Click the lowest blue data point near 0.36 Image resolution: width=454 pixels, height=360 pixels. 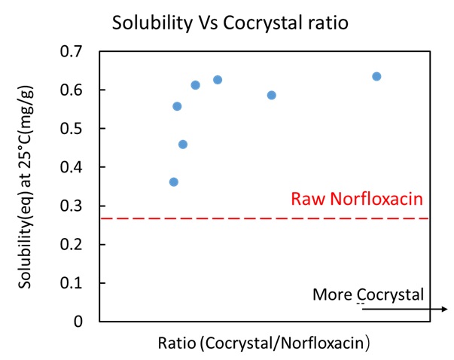click(x=174, y=182)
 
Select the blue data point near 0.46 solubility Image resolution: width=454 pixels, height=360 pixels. click(x=183, y=145)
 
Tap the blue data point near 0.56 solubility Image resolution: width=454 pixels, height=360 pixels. click(x=177, y=106)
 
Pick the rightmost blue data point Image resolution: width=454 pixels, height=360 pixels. click(x=376, y=76)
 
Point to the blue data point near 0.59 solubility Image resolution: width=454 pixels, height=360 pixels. click(x=272, y=95)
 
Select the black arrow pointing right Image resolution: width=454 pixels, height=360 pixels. click(x=407, y=308)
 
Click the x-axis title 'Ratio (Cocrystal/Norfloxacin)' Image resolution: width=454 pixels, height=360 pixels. click(x=263, y=342)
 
